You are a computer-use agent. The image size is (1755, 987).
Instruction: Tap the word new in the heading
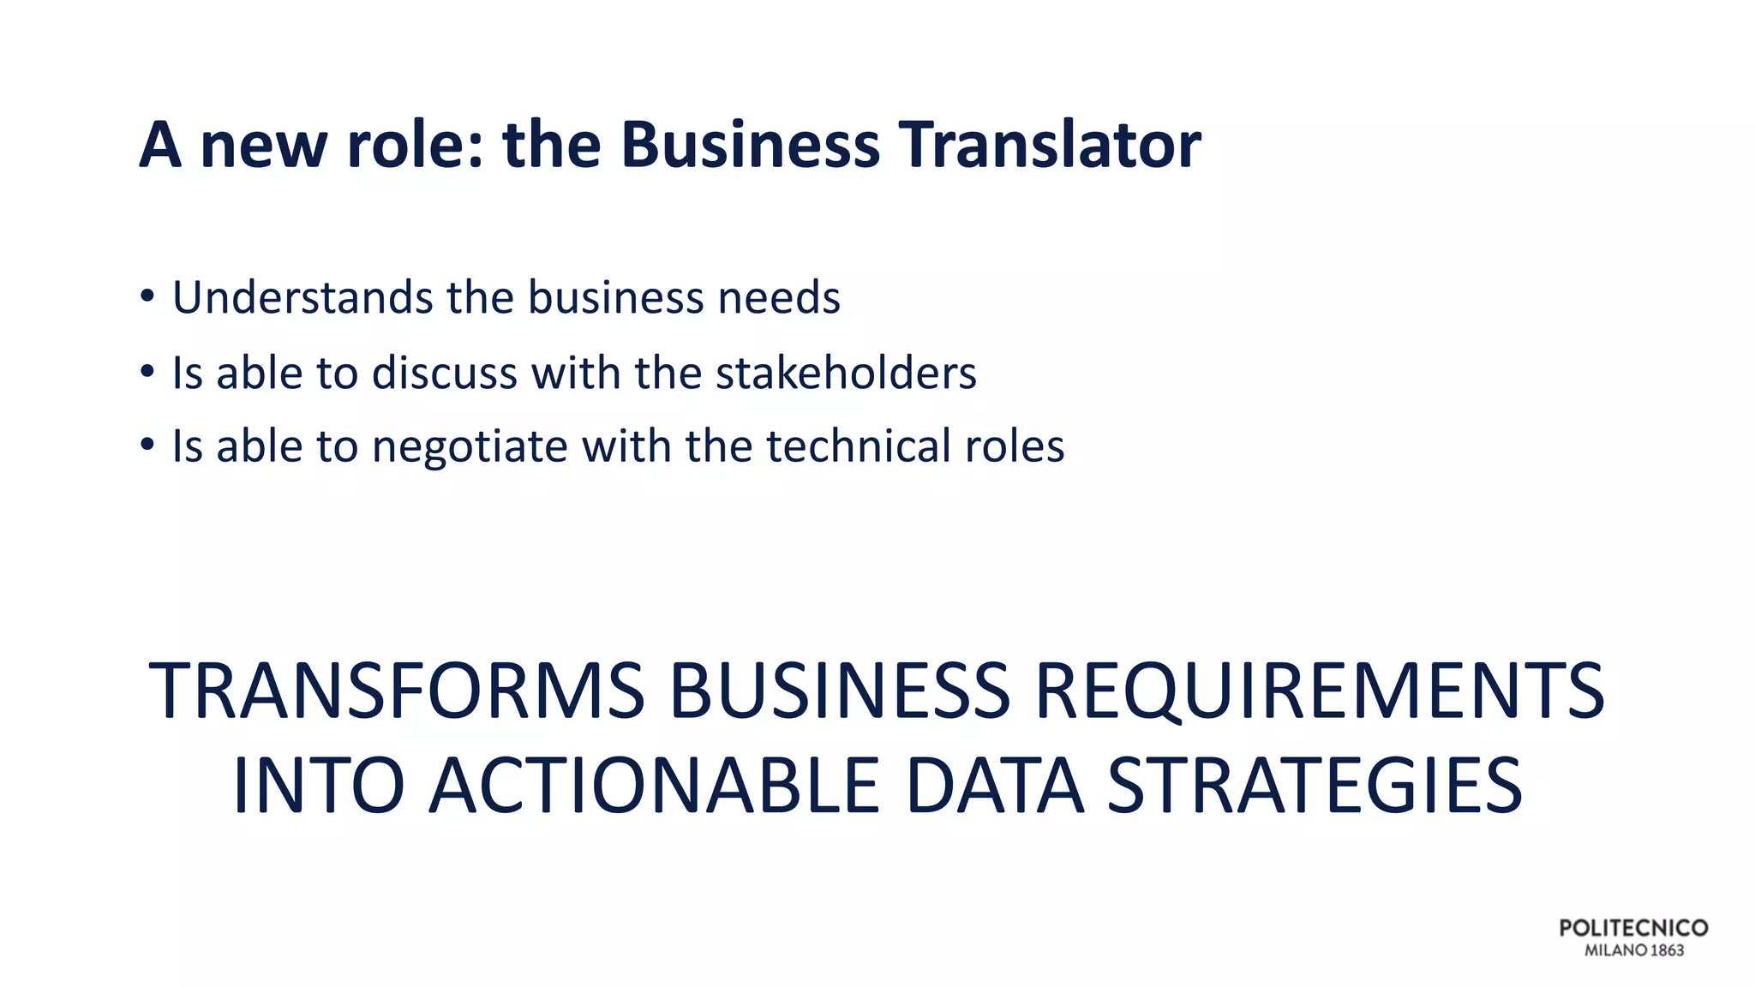(x=262, y=145)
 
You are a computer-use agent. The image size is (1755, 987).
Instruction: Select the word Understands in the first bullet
(x=302, y=297)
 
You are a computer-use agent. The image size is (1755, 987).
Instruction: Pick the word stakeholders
(x=846, y=373)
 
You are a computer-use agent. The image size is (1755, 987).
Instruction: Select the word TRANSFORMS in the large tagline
(x=397, y=691)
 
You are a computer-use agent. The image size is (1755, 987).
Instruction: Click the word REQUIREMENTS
(x=1320, y=691)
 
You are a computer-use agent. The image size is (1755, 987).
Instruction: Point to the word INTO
(x=318, y=786)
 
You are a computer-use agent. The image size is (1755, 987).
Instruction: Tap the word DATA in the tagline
(x=994, y=786)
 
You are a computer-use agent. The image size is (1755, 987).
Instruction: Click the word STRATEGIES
(x=1315, y=786)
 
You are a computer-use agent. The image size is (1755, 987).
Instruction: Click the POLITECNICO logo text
(x=1633, y=928)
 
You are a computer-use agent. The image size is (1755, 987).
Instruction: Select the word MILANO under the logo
(x=1615, y=950)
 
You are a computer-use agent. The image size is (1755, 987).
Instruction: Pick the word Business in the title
(x=750, y=145)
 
